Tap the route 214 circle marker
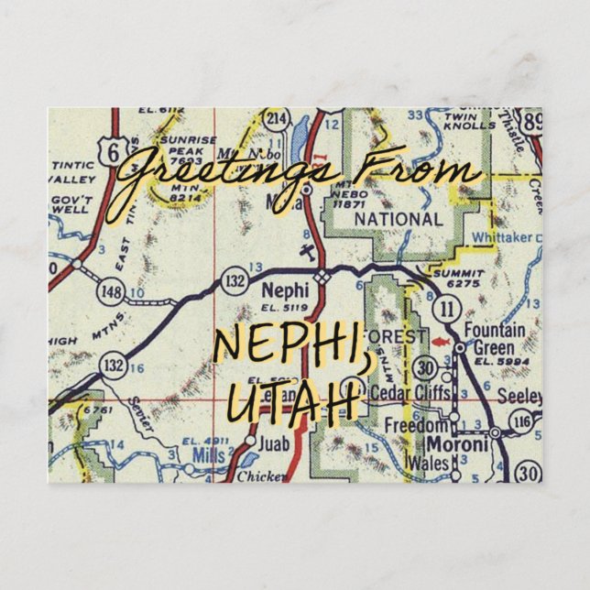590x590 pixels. point(276,119)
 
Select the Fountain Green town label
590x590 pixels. point(496,338)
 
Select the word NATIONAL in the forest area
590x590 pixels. point(398,220)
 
